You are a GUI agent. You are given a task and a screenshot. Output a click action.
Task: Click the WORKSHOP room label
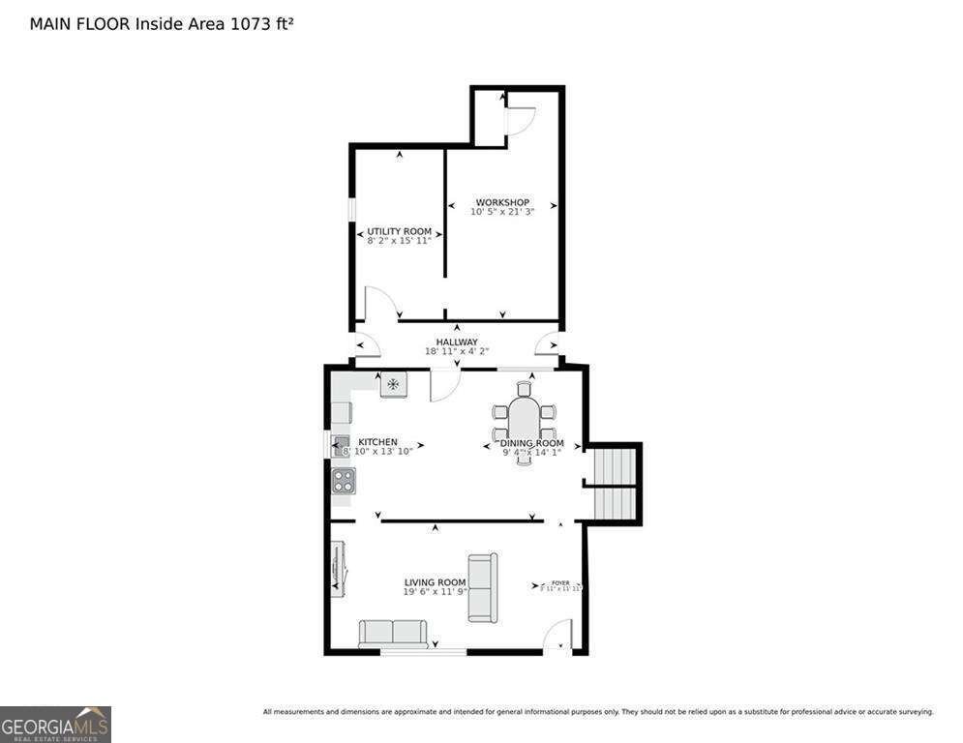(x=502, y=202)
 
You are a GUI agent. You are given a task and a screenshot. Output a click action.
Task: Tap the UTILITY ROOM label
(x=399, y=232)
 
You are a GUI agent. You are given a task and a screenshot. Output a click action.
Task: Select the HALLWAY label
(x=457, y=342)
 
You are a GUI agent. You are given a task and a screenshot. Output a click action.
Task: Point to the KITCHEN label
(x=377, y=442)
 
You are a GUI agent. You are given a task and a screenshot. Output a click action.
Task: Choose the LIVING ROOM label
(x=435, y=582)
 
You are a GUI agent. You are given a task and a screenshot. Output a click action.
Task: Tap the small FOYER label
(x=560, y=582)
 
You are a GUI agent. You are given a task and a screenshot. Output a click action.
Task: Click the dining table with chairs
(x=525, y=423)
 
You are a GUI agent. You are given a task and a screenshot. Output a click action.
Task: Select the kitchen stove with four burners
(x=344, y=480)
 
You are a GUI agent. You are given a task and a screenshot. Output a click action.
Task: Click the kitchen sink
(x=342, y=446)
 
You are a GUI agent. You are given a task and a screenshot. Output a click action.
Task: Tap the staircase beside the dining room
(x=613, y=484)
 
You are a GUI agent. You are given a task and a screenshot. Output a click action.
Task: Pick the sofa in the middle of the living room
(x=482, y=587)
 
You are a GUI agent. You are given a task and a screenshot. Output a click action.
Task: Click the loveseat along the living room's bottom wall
(x=393, y=634)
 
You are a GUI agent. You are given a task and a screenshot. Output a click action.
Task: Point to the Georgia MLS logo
(x=55, y=724)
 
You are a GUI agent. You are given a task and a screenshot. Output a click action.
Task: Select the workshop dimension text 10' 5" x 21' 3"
(x=502, y=212)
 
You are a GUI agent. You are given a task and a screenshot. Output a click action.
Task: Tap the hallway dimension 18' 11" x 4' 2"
(x=457, y=352)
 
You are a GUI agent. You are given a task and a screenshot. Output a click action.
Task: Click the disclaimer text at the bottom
(x=598, y=712)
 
